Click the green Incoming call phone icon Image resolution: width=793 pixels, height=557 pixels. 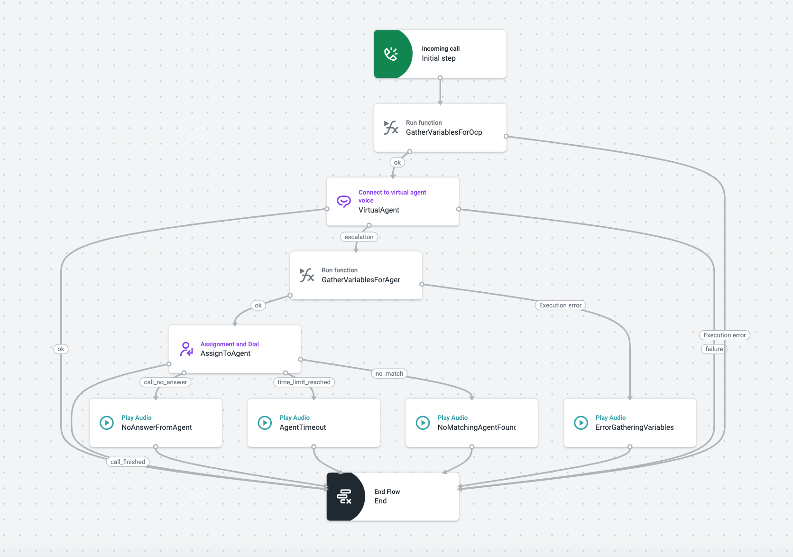click(x=391, y=54)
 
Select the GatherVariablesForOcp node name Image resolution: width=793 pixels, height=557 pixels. click(x=443, y=132)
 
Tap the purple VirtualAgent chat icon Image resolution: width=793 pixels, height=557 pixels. click(x=344, y=201)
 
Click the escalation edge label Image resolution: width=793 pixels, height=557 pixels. click(x=359, y=237)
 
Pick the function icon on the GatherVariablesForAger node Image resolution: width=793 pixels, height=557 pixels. click(x=307, y=275)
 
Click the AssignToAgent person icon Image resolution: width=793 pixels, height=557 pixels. click(x=186, y=349)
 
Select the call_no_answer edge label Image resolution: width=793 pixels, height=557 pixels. click(x=165, y=382)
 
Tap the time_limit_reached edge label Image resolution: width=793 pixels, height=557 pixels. click(x=304, y=382)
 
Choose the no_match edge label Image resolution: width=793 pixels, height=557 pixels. click(x=389, y=374)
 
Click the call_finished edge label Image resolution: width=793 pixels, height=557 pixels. click(x=128, y=462)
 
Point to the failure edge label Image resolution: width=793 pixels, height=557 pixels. click(x=714, y=349)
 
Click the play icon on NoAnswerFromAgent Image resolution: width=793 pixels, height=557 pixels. click(x=107, y=423)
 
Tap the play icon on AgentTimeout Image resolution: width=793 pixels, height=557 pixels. click(x=265, y=423)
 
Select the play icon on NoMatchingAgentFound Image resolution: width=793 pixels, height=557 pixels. click(x=423, y=423)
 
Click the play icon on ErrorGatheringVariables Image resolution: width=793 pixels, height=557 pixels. click(x=581, y=423)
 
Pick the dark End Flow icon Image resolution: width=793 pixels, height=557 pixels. click(x=344, y=497)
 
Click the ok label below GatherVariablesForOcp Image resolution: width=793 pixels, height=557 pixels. click(x=397, y=163)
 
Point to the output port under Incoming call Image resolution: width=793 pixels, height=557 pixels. click(x=440, y=78)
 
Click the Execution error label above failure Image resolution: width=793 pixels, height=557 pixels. click(x=724, y=335)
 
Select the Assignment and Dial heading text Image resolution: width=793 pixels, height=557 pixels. click(x=230, y=344)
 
